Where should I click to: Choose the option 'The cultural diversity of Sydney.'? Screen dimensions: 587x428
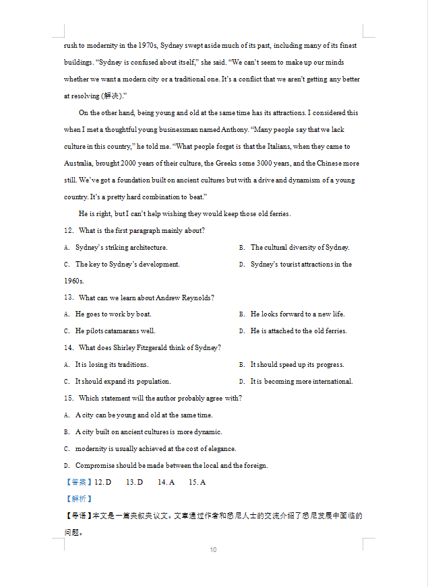[x=300, y=248]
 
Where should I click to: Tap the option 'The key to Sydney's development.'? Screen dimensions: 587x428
[x=127, y=265]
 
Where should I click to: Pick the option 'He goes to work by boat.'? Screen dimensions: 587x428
[x=113, y=314]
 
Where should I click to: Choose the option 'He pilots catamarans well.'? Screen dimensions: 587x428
[x=115, y=331]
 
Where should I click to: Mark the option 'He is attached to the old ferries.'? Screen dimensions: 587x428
[x=299, y=331]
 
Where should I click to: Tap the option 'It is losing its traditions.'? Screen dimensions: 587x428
[x=112, y=365]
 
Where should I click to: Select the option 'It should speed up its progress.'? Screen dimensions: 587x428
[x=297, y=365]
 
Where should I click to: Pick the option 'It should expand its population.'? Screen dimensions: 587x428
[x=123, y=382]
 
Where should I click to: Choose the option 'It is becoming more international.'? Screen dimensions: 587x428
[x=301, y=382]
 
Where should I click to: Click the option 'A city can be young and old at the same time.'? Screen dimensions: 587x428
[x=144, y=415]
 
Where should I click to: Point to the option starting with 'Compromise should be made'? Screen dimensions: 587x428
[x=171, y=466]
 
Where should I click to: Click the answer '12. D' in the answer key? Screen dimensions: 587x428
[x=103, y=483]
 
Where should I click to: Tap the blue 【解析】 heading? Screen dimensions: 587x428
[x=79, y=499]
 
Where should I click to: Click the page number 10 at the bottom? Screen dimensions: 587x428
[x=213, y=550]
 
